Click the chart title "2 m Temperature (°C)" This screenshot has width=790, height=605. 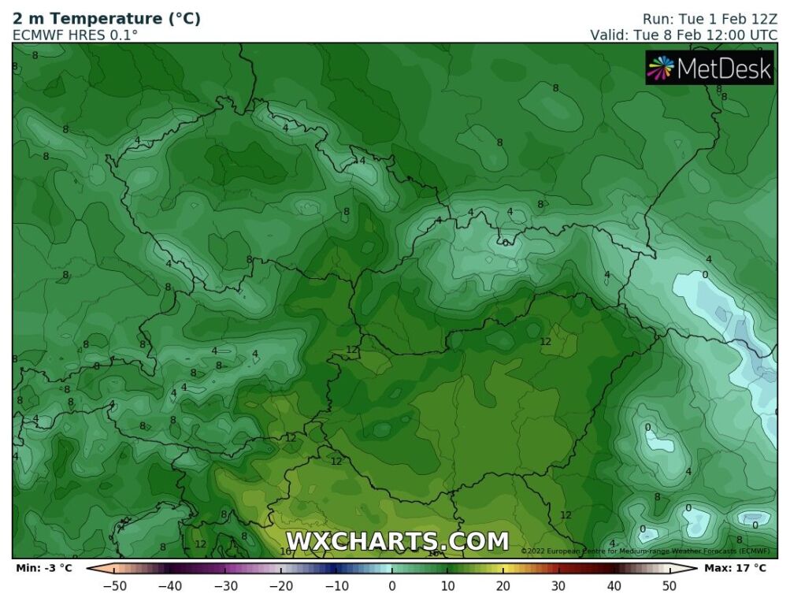[106, 18]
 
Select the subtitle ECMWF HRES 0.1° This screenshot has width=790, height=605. [75, 35]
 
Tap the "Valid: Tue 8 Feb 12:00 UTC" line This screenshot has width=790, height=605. [684, 35]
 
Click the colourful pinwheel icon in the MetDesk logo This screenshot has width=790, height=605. [660, 69]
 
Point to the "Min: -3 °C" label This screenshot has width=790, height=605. [44, 567]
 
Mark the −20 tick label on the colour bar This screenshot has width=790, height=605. [281, 586]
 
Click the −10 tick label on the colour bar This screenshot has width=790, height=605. [336, 586]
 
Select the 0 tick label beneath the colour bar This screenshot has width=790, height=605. [391, 586]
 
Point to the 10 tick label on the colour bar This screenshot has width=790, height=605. [447, 586]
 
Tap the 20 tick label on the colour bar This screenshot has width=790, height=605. [503, 586]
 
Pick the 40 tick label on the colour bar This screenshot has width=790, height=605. [614, 586]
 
